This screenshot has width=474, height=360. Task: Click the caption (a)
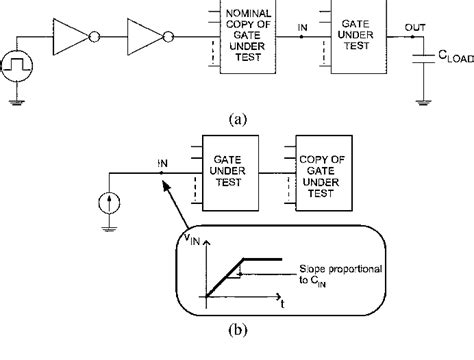pyautogui.click(x=237, y=117)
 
